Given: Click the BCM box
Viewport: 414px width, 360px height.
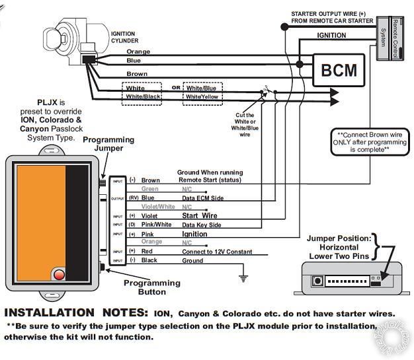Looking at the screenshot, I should click(338, 69).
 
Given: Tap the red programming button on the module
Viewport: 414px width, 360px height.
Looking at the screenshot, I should click(58, 273).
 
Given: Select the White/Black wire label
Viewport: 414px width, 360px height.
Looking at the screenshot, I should click(144, 97).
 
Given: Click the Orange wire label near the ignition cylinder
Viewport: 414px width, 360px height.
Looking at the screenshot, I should click(138, 52).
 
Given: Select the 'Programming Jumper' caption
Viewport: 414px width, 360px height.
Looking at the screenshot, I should click(108, 144).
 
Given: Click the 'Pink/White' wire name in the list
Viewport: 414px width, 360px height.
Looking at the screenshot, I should click(157, 225).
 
